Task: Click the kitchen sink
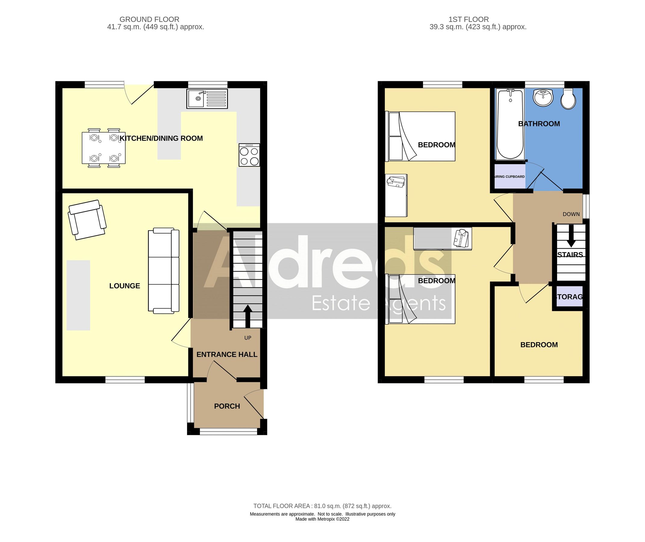pyautogui.click(x=207, y=99)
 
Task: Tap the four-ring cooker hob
pyautogui.click(x=249, y=155)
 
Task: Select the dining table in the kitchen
pyautogui.click(x=103, y=148)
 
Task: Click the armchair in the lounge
pyautogui.click(x=87, y=220)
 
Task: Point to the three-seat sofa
pyautogui.click(x=164, y=271)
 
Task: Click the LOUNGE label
pyautogui.click(x=124, y=286)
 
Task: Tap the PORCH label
pyautogui.click(x=227, y=406)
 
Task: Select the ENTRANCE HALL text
pyautogui.click(x=227, y=355)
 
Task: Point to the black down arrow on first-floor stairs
pyautogui.click(x=571, y=236)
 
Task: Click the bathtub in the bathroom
pyautogui.click(x=510, y=124)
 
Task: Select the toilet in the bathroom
pyautogui.click(x=568, y=99)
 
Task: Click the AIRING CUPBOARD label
pyautogui.click(x=509, y=177)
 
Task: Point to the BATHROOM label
pyautogui.click(x=539, y=124)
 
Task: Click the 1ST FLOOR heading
pyautogui.click(x=469, y=19)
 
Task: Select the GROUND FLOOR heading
pyautogui.click(x=149, y=19)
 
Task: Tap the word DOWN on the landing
pyautogui.click(x=571, y=214)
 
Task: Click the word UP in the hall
pyautogui.click(x=248, y=338)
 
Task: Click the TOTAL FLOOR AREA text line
pyautogui.click(x=322, y=506)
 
